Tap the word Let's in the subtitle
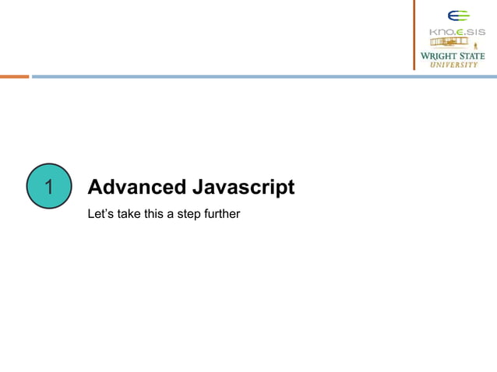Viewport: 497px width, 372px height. (x=101, y=212)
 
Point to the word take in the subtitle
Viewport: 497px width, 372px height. (x=130, y=212)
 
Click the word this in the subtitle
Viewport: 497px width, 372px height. (x=157, y=212)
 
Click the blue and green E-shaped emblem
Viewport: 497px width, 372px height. (x=458, y=16)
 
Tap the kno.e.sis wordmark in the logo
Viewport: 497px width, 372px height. (x=457, y=32)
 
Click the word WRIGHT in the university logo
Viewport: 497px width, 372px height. (x=440, y=56)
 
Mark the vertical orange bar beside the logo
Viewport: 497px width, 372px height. (x=414, y=35)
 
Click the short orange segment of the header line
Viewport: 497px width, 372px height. (x=14, y=76)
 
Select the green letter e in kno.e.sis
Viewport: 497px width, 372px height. (x=460, y=32)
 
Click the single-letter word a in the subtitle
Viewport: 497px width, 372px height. (x=174, y=212)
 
